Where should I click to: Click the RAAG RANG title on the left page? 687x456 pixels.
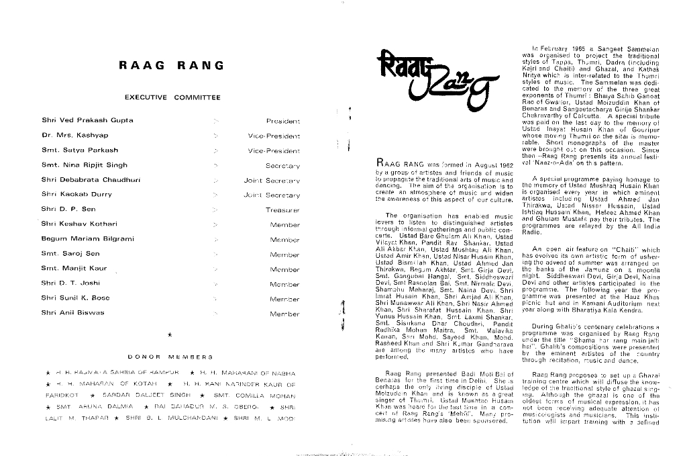(x=171, y=66)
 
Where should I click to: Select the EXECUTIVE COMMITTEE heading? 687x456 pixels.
(x=172, y=98)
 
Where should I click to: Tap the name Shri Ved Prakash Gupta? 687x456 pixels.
(x=87, y=120)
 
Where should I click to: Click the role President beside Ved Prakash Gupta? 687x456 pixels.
(x=282, y=121)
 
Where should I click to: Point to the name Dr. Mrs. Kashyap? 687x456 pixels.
(x=75, y=135)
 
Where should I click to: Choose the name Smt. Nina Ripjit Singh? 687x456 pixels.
(x=84, y=165)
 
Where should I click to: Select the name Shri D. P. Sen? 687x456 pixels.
(x=68, y=209)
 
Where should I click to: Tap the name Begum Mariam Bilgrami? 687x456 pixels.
(x=83, y=238)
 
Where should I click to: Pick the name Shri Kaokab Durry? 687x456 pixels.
(x=77, y=194)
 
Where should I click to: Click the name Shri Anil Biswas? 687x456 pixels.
(x=72, y=312)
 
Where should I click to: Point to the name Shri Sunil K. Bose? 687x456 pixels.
(x=75, y=298)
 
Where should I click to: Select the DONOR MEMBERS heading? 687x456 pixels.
(x=170, y=357)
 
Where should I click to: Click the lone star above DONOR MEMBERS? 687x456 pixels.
(x=170, y=334)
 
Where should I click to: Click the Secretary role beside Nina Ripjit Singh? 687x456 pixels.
(x=282, y=165)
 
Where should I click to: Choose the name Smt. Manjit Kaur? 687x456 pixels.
(x=74, y=268)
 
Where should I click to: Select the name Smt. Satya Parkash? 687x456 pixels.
(x=79, y=150)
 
